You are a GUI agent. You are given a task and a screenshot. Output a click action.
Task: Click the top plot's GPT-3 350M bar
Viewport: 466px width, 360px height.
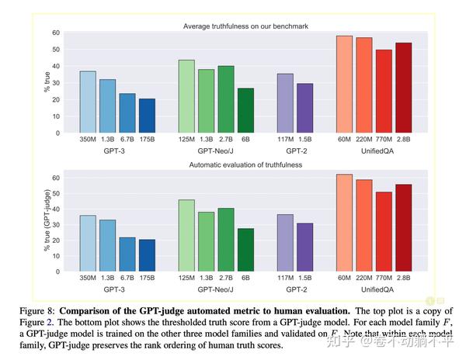pos(88,102)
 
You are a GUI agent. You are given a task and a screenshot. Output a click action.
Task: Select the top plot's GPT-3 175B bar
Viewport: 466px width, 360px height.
pos(147,116)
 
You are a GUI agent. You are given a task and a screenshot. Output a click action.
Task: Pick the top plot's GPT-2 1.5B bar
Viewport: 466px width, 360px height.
pos(305,108)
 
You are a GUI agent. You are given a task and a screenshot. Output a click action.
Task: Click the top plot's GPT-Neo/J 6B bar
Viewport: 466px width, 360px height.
pos(245,110)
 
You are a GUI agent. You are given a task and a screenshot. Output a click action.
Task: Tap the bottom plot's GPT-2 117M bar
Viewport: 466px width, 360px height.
pos(285,242)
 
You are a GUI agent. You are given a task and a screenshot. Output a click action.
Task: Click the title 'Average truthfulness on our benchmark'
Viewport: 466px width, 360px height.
pos(245,26)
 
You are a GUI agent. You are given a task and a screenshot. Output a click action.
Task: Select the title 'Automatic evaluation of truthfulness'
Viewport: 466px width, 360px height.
pos(245,164)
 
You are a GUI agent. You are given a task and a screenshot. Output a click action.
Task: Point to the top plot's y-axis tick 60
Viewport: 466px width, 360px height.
pos(55,33)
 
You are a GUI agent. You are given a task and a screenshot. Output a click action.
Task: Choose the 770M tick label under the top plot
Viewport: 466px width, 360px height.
pos(384,140)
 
